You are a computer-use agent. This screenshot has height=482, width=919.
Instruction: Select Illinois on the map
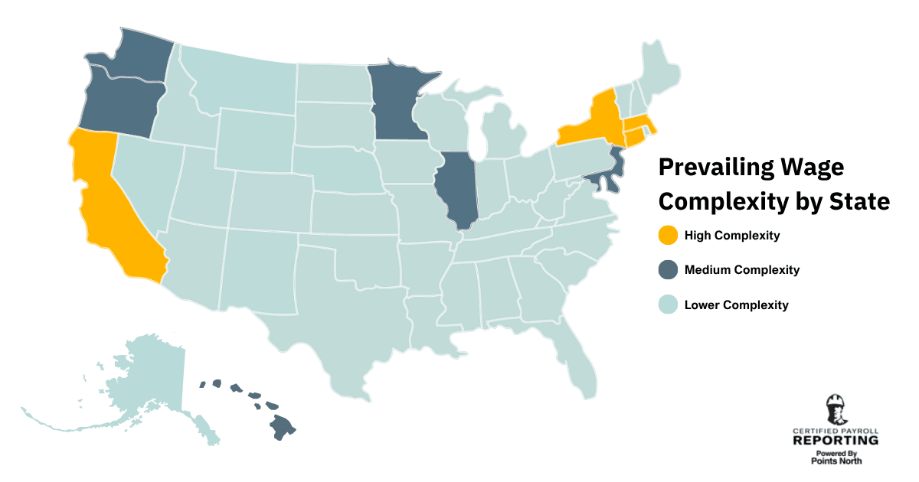458,187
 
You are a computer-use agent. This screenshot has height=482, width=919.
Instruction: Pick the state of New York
590,122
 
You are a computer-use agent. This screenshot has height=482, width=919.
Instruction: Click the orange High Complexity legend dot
669,236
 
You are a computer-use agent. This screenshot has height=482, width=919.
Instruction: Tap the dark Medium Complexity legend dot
669,270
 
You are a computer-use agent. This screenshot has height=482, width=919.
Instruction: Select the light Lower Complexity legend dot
669,305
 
